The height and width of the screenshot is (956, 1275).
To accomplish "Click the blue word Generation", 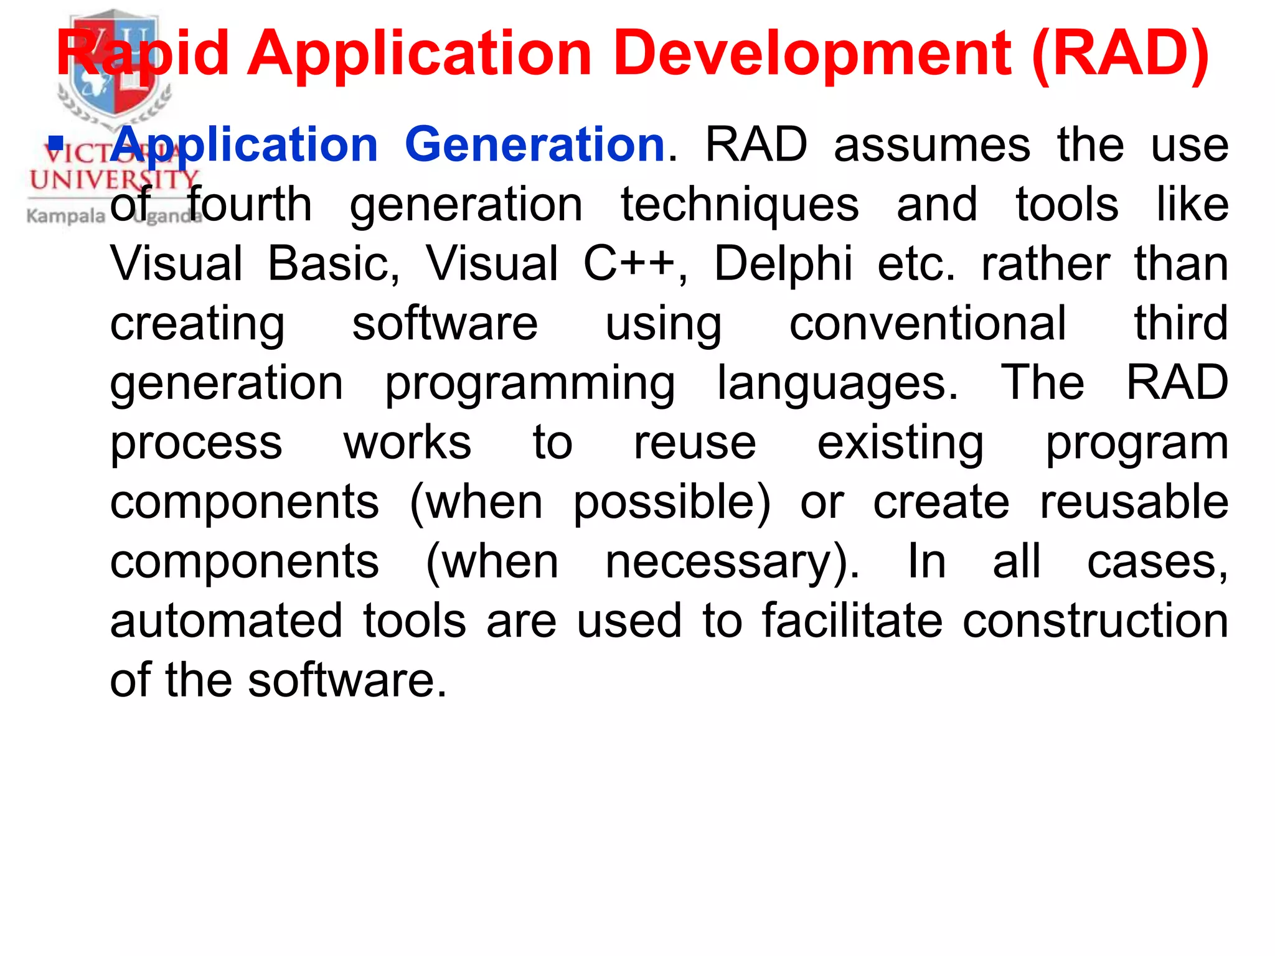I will [x=535, y=145].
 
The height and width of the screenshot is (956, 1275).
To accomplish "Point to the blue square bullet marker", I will [x=57, y=144].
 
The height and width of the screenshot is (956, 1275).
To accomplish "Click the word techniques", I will [x=740, y=205].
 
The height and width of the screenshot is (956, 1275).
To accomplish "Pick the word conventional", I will [x=928, y=324].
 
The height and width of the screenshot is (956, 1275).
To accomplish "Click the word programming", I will [x=530, y=383].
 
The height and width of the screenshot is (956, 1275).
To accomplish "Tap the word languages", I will [x=837, y=383].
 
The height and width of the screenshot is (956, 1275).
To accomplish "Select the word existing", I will [x=900, y=443].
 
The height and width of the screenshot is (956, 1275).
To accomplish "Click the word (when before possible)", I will [x=476, y=502].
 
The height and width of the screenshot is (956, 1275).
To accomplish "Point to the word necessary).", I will [x=733, y=562].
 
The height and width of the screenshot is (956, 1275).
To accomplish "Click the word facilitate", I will [x=852, y=621].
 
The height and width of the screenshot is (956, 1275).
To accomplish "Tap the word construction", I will [x=1095, y=621].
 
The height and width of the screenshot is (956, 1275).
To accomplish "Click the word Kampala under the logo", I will [x=66, y=217].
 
